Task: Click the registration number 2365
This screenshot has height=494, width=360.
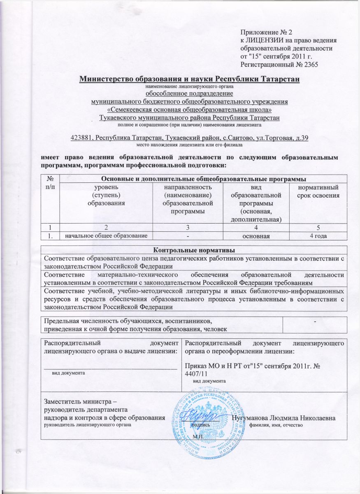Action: coord(309,64)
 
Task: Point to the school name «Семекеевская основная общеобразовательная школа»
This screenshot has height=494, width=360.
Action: coord(189,110)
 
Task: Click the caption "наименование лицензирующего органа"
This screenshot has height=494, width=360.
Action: coord(189,87)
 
